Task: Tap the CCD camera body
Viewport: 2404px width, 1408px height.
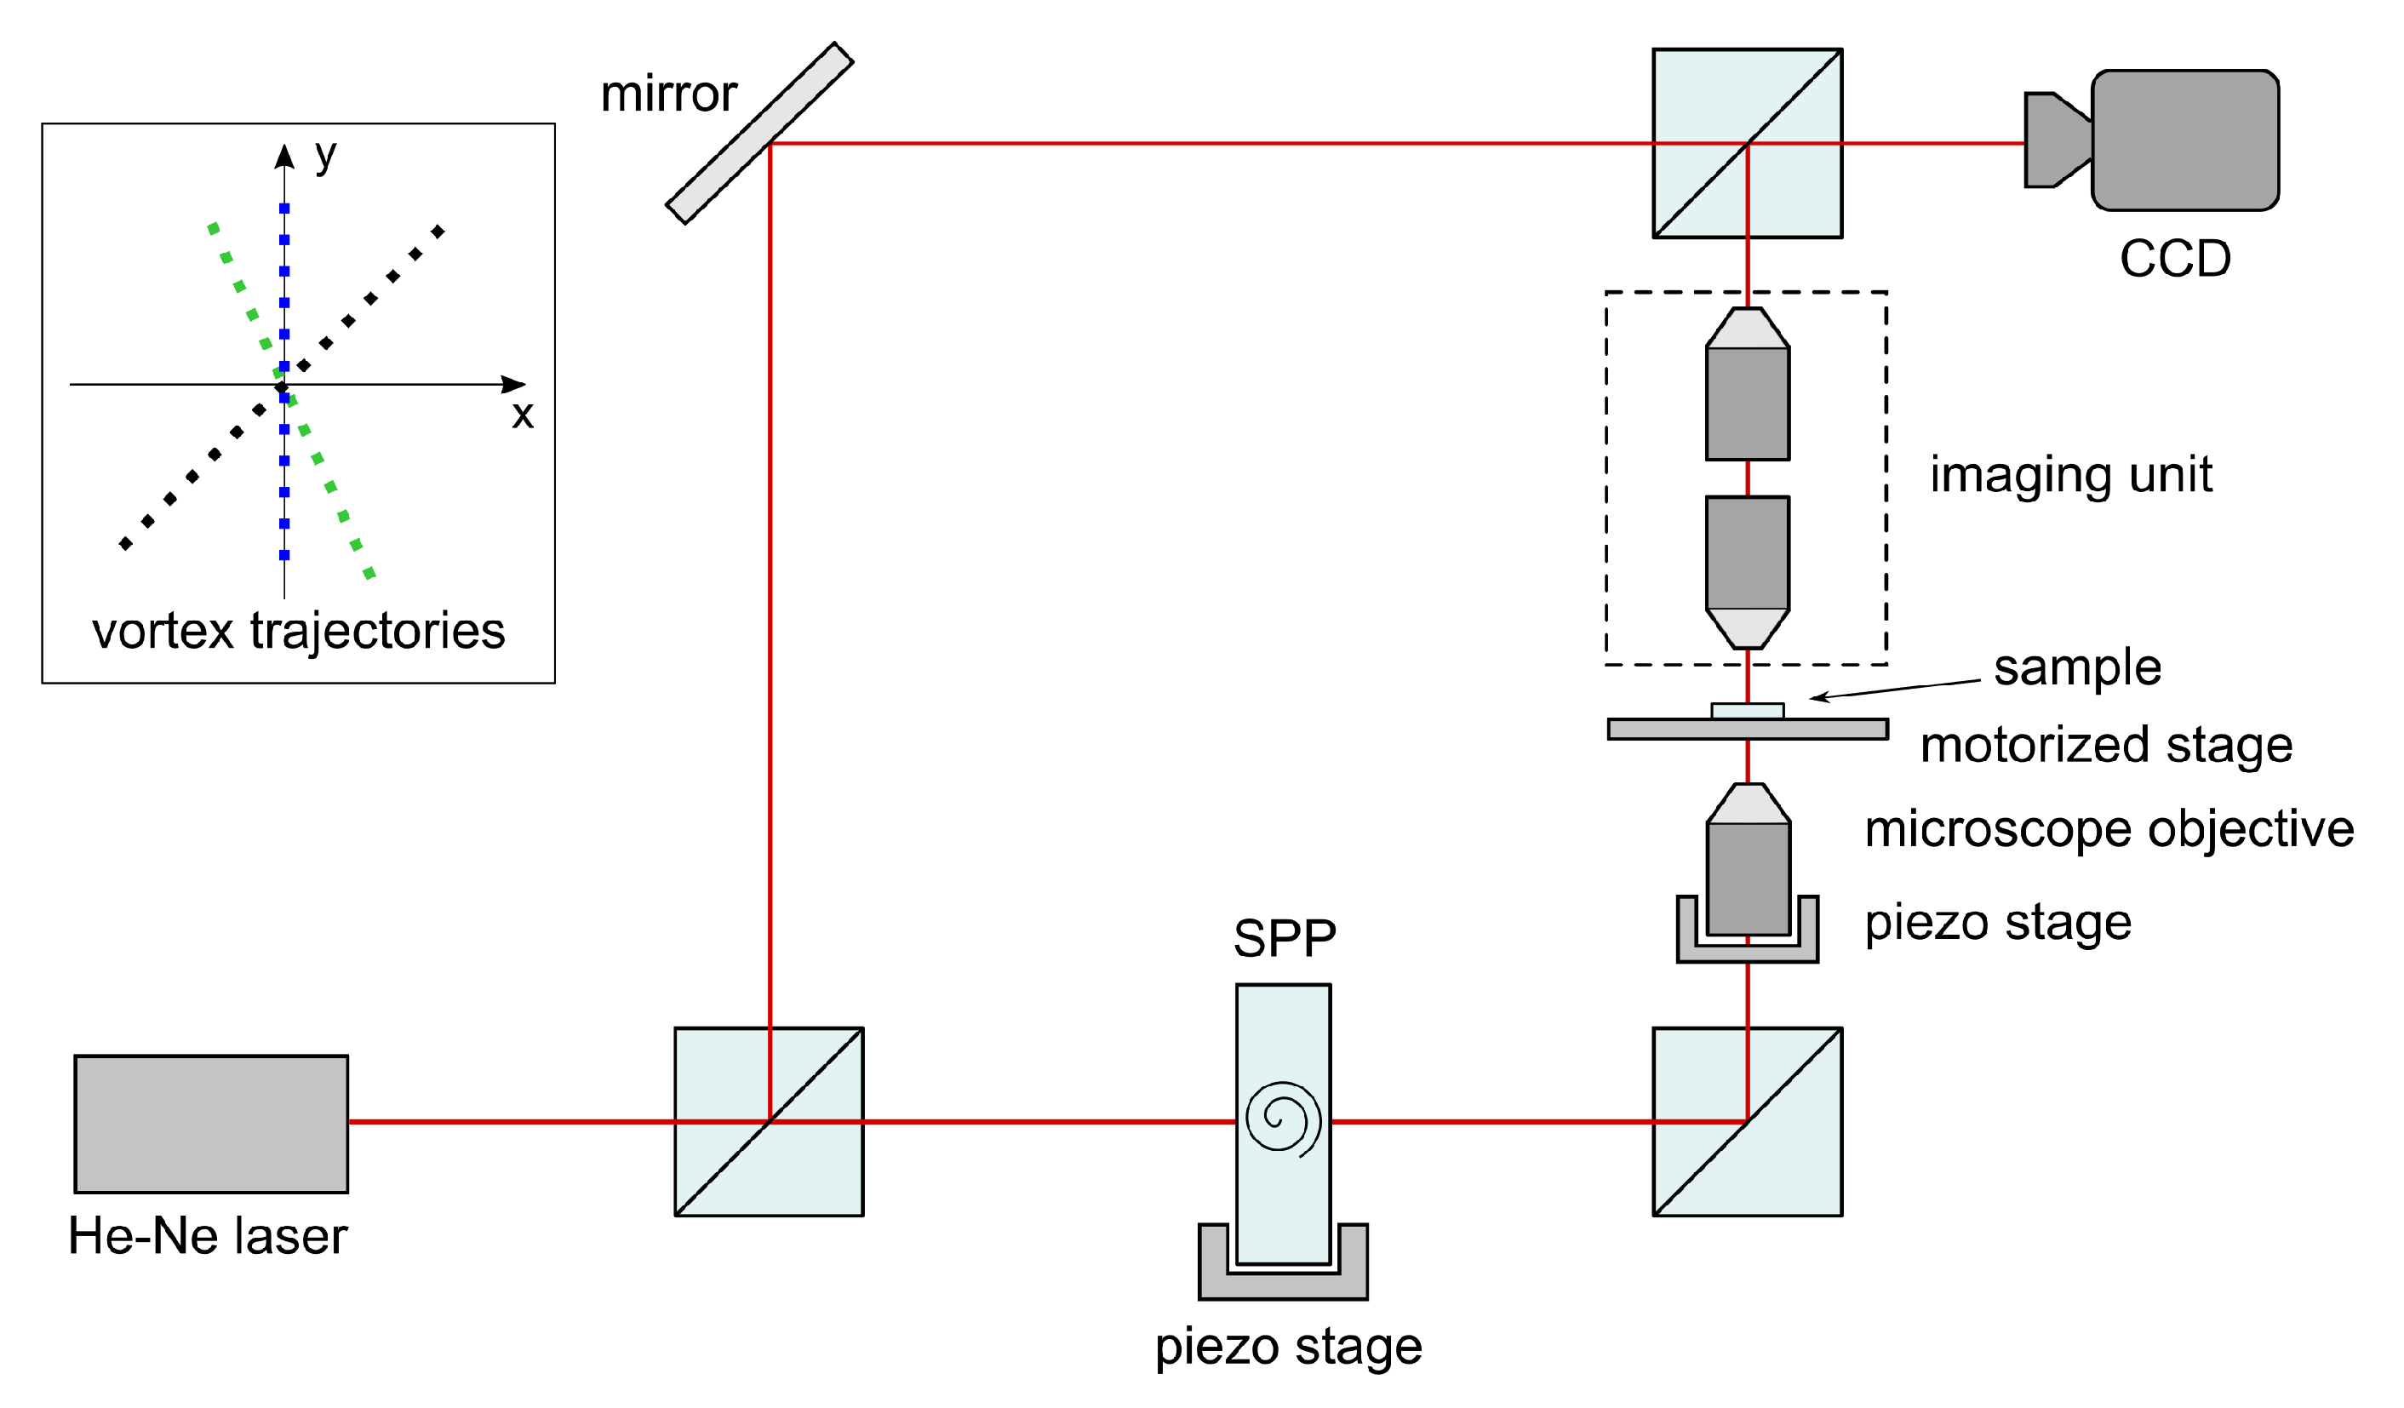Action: [2184, 140]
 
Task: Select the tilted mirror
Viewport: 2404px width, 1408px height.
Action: [759, 134]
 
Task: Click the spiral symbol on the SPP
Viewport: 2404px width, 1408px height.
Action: [1283, 1117]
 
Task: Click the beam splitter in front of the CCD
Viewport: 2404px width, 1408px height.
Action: [1747, 143]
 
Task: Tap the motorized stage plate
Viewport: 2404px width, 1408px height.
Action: [1747, 730]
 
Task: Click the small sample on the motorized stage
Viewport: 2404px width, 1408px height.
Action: [1747, 711]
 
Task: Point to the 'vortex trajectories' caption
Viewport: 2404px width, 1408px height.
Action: [299, 632]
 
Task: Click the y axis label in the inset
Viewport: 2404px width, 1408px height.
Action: [325, 155]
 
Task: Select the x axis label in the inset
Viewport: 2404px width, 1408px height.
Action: [522, 415]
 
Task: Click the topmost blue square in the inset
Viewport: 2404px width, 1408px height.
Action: [284, 208]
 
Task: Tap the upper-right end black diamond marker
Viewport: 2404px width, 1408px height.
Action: [438, 232]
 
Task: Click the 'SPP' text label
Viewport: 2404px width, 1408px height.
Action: [1284, 939]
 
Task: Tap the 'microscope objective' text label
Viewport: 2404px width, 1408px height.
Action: [2109, 829]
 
